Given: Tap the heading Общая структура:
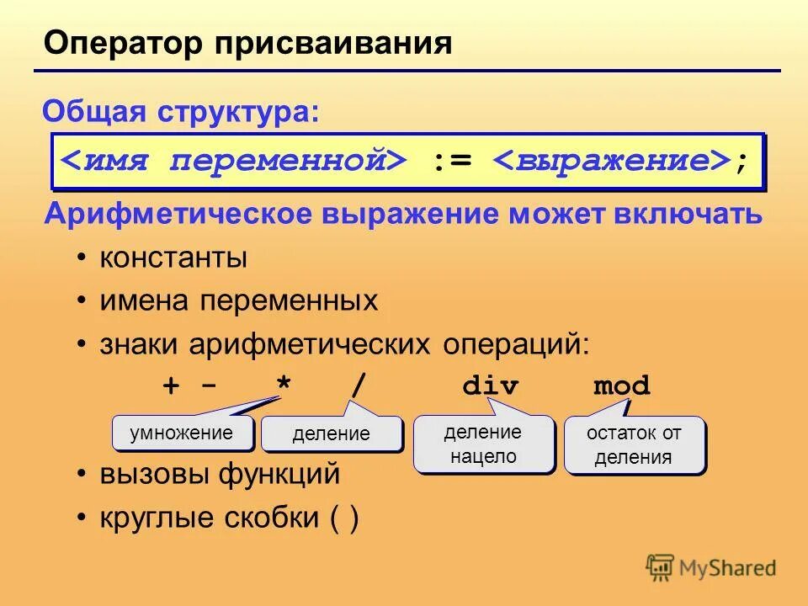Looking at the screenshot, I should point(181,111).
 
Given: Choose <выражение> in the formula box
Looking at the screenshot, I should point(611,161).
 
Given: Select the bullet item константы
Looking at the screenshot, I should point(173,258).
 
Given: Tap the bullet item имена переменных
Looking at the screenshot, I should point(239,300).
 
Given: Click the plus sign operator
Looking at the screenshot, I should point(171,386).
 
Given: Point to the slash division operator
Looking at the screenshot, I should point(359,386).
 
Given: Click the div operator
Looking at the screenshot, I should point(491,386).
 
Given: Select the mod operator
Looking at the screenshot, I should point(622,386).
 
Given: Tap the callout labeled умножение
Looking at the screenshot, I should point(181,433).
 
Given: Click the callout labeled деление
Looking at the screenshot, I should point(331,434).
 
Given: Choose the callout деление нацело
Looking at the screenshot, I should point(483,444).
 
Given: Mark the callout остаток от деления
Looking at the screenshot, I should point(633,444).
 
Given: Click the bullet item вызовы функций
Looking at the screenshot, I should point(220,474).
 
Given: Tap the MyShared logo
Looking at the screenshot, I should point(711,567).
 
